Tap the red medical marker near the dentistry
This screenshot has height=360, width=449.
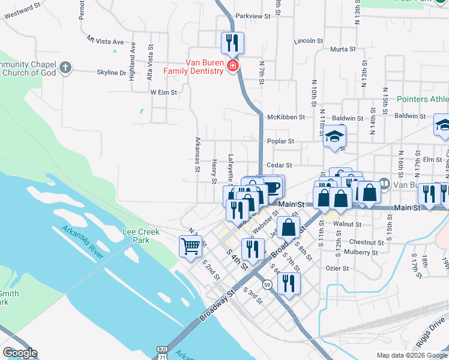click(232, 65)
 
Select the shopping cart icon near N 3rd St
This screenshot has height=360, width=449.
click(190, 245)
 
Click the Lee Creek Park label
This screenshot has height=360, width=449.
click(136, 235)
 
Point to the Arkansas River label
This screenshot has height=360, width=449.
click(82, 242)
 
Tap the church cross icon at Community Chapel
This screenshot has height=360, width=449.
click(66, 68)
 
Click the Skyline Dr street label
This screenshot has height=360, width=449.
click(111, 73)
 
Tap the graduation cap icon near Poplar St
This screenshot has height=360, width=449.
click(335, 136)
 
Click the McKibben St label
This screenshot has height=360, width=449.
click(286, 117)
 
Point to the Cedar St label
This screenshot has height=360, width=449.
click(279, 165)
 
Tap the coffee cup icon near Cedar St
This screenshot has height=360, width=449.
click(273, 187)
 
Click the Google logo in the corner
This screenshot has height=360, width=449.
click(20, 353)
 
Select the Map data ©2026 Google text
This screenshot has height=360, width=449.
click(412, 355)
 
